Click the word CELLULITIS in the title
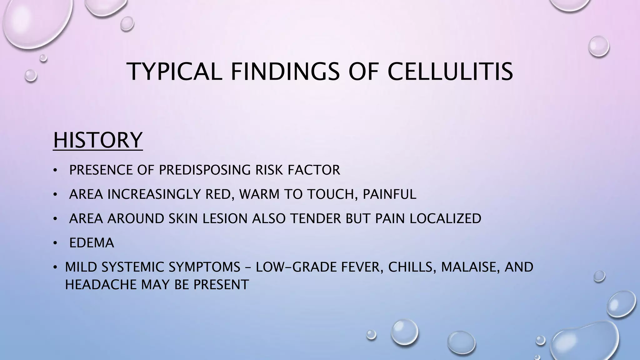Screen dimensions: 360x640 450,72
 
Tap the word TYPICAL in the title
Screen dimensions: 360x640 175,72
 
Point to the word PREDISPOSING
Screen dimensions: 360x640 205,170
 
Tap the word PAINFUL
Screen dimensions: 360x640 389,194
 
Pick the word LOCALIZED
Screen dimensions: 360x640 445,218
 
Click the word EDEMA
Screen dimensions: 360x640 92,243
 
